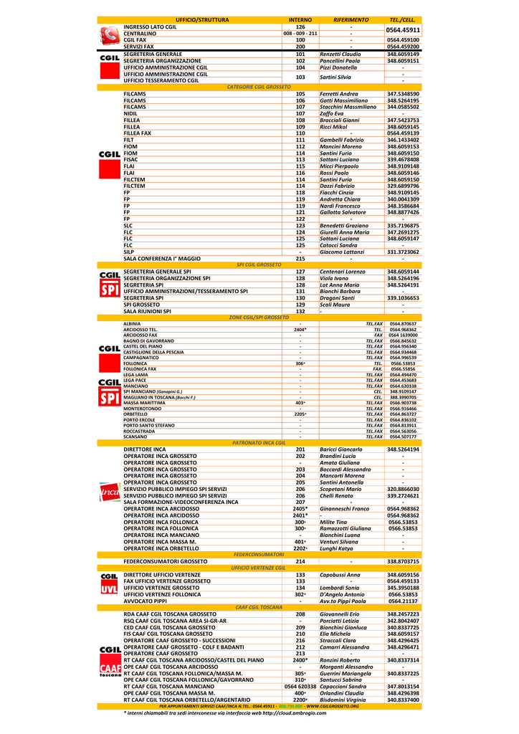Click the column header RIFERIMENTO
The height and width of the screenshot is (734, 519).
pyautogui.click(x=351, y=19)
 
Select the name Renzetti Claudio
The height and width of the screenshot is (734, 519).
pyautogui.click(x=340, y=54)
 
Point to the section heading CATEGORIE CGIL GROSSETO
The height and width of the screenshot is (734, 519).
pyautogui.click(x=259, y=87)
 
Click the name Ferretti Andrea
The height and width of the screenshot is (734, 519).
pyautogui.click(x=338, y=94)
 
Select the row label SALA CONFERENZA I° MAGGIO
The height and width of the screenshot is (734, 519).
pyautogui.click(x=162, y=258)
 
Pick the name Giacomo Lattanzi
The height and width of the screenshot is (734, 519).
pyautogui.click(x=341, y=252)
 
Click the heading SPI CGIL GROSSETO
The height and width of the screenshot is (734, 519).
pyautogui.click(x=259, y=264)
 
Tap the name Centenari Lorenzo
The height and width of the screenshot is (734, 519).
pyautogui.click(x=342, y=272)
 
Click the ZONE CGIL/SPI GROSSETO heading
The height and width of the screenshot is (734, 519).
pyautogui.click(x=259, y=317)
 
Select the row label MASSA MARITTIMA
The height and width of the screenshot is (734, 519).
pyautogui.click(x=143, y=403)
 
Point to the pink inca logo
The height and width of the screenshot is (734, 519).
pyautogui.click(x=109, y=492)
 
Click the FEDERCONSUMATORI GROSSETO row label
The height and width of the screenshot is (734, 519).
pyautogui.click(x=165, y=561)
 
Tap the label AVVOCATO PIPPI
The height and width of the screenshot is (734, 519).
pyautogui.click(x=145, y=601)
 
